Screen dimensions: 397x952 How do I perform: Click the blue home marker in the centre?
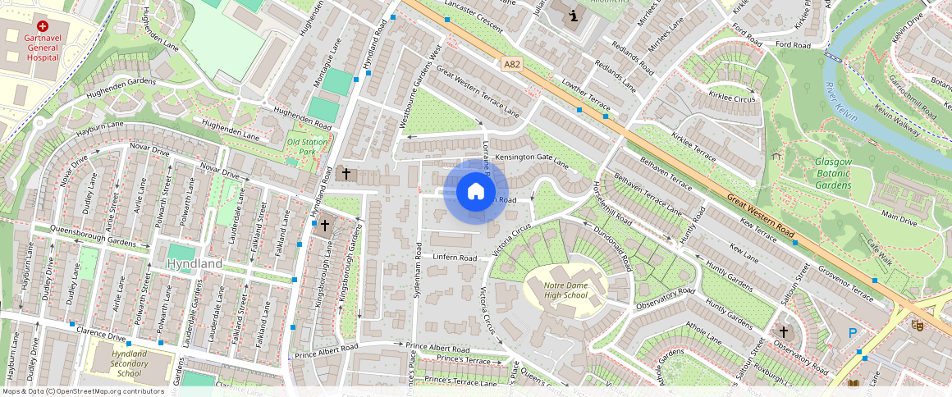pyautogui.click(x=475, y=192)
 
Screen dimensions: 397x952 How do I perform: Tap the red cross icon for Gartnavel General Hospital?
pyautogui.click(x=42, y=26)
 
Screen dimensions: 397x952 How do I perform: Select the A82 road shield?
pyautogui.click(x=513, y=63)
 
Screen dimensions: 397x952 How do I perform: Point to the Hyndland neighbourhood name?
pyautogui.click(x=195, y=264)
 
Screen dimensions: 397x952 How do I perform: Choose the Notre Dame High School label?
pyautogui.click(x=565, y=290)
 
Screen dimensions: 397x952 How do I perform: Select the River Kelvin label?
pyautogui.click(x=840, y=103)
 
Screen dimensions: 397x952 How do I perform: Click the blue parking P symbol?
pyautogui.click(x=853, y=333)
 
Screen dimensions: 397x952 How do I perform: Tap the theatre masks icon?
pyautogui.click(x=917, y=325)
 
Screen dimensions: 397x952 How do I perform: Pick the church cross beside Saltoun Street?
pyautogui.click(x=783, y=332)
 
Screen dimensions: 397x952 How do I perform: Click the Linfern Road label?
pyautogui.click(x=455, y=258)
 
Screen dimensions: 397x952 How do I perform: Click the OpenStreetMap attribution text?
pyautogui.click(x=83, y=391)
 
